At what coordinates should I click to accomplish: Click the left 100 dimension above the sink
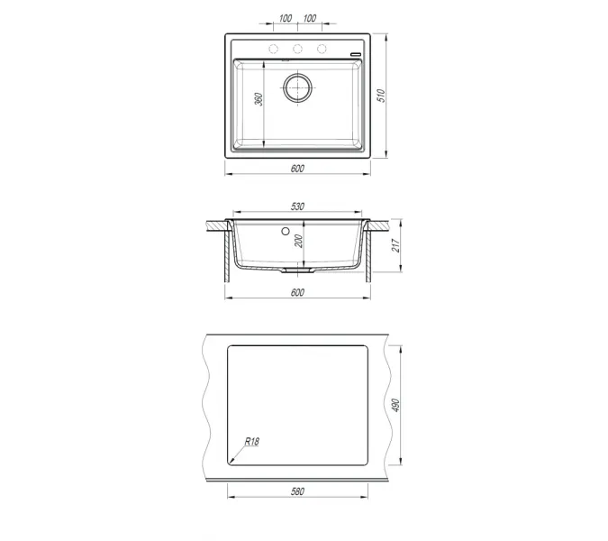pyautogui.click(x=285, y=18)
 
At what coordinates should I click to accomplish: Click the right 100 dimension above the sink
pyautogui.click(x=310, y=18)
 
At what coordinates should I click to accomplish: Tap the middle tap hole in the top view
pyautogui.click(x=297, y=48)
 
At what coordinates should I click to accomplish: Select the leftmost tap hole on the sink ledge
pyautogui.click(x=273, y=48)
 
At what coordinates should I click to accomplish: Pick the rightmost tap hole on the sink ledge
pyautogui.click(x=322, y=48)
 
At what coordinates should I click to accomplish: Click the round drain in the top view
pyautogui.click(x=297, y=87)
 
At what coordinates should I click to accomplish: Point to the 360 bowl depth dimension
pyautogui.click(x=258, y=101)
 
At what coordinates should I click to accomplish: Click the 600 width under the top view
pyautogui.click(x=297, y=169)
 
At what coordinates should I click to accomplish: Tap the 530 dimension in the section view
pyautogui.click(x=297, y=207)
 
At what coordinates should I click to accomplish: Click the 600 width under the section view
pyautogui.click(x=297, y=292)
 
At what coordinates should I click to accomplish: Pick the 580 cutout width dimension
pyautogui.click(x=297, y=491)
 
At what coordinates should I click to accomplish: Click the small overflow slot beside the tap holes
pyautogui.click(x=356, y=55)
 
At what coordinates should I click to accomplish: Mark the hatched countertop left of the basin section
pyautogui.click(x=213, y=222)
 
